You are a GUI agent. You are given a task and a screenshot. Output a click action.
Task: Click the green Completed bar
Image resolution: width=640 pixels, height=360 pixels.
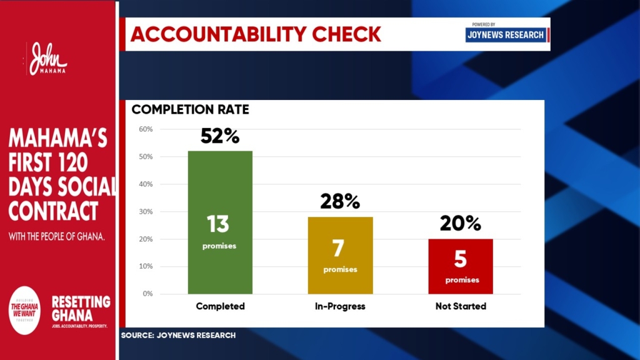click(x=220, y=187)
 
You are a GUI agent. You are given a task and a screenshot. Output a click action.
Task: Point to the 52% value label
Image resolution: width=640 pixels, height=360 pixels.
click(x=220, y=136)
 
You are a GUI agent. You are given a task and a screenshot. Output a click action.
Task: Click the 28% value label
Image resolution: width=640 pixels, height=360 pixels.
click(x=340, y=201)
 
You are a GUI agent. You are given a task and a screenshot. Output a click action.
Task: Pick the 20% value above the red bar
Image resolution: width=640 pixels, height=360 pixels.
click(x=461, y=223)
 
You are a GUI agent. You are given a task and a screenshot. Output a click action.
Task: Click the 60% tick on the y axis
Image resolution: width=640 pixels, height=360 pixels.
click(x=146, y=129)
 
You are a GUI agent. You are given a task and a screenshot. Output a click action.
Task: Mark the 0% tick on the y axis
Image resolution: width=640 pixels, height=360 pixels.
click(x=147, y=294)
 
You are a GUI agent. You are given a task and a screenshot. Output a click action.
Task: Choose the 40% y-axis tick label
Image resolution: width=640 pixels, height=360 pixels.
click(x=146, y=184)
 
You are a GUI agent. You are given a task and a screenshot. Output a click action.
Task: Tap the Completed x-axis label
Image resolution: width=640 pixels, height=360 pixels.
click(x=220, y=307)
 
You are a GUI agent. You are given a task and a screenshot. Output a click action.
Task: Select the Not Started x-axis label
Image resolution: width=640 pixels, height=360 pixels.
click(x=461, y=307)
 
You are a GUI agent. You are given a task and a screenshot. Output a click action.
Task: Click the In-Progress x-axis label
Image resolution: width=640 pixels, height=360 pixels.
click(x=340, y=307)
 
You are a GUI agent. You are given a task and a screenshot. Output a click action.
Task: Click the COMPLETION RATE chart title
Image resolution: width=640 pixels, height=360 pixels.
click(x=190, y=110)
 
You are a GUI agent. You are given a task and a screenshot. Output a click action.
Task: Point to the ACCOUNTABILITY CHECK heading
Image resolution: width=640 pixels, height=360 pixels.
click(x=256, y=34)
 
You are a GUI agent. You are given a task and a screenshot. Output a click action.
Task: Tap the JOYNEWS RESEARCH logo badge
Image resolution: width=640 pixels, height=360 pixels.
click(x=506, y=34)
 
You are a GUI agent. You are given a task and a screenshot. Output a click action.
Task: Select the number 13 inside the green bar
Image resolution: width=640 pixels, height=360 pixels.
click(x=219, y=223)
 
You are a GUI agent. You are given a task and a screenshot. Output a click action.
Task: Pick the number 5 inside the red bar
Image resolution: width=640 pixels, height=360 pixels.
click(x=461, y=259)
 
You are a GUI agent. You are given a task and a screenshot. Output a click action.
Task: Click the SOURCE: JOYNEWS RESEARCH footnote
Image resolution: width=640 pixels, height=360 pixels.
click(x=178, y=336)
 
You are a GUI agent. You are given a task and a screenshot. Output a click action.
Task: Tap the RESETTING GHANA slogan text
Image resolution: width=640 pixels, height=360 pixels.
click(x=81, y=308)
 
